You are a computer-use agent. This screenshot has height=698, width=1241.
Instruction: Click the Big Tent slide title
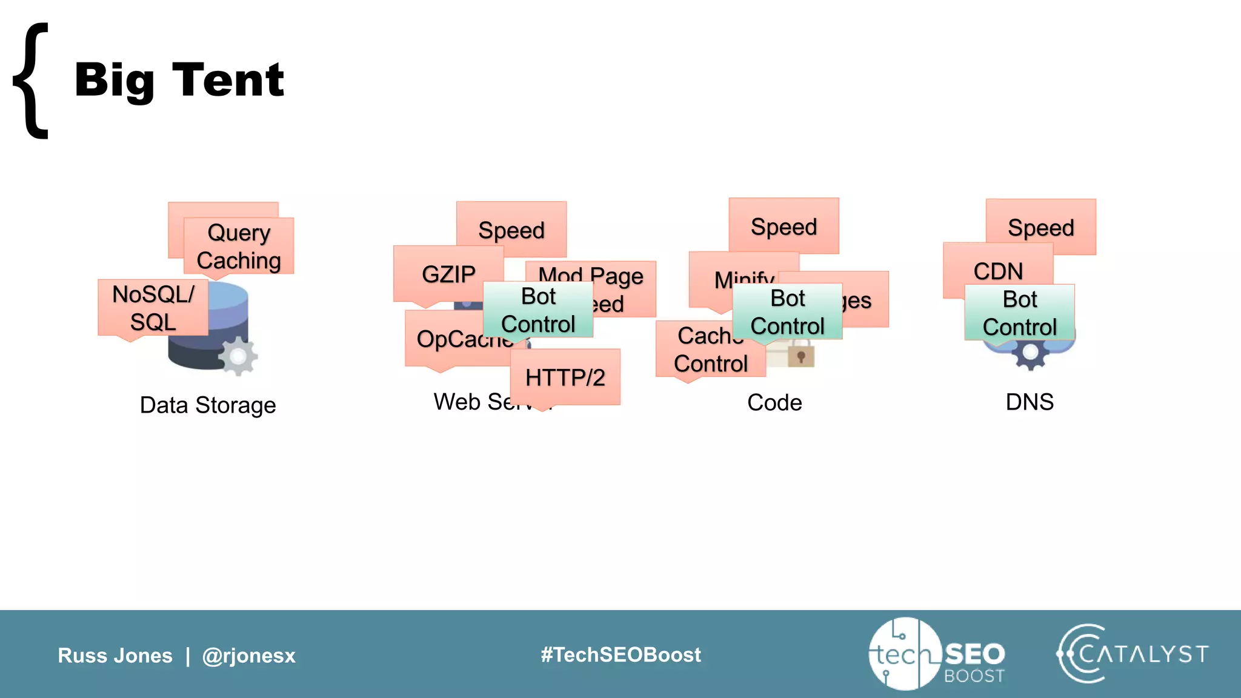click(179, 80)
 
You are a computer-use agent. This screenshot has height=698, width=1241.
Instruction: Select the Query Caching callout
click(239, 246)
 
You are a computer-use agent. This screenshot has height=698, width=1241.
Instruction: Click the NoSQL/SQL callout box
click(153, 308)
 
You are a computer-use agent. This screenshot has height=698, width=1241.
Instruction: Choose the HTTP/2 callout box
click(565, 377)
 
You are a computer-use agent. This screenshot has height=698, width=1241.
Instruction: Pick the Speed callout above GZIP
click(511, 230)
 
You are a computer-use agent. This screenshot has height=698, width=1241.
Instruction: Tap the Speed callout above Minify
click(784, 226)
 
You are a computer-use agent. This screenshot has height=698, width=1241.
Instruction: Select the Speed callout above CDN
click(1040, 227)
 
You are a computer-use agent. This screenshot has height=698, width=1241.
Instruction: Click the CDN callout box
click(998, 270)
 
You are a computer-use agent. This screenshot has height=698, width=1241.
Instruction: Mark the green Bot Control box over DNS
click(1019, 313)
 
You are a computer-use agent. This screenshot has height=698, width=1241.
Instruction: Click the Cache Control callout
click(710, 350)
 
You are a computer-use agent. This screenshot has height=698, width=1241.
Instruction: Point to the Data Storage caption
click(208, 405)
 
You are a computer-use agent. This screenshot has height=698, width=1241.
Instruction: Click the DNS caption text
click(1030, 402)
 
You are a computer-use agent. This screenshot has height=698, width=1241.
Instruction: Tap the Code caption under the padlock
click(774, 402)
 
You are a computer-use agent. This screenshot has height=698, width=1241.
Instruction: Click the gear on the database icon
click(238, 356)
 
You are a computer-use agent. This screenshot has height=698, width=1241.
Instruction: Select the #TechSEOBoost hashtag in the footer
click(620, 654)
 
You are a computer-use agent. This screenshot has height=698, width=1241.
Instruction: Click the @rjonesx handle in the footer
click(248, 656)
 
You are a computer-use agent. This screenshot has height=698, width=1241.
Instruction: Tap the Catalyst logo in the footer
click(1132, 654)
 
